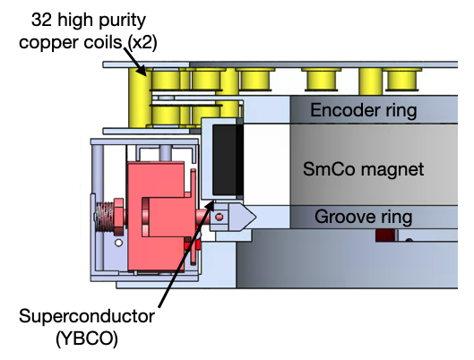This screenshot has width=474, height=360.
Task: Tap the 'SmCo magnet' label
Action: (x=365, y=168)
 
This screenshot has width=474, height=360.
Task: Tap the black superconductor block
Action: (x=226, y=161)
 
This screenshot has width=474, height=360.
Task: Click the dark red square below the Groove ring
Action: (x=386, y=236)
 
